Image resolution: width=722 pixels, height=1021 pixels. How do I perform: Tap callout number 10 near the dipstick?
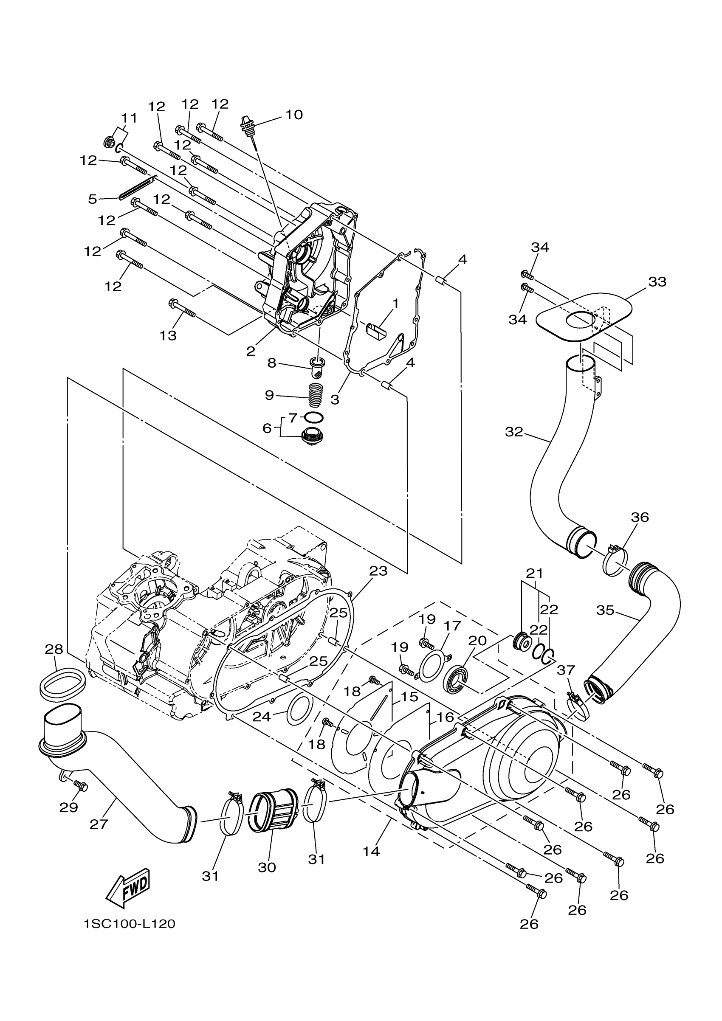point(293,115)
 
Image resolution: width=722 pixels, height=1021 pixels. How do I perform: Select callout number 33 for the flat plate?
point(657,281)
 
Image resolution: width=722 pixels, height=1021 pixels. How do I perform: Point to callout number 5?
point(93,199)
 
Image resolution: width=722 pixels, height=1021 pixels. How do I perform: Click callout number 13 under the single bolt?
point(168,335)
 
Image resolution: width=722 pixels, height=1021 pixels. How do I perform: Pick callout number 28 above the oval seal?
point(54,649)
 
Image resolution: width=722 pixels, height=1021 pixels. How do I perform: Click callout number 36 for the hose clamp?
point(640,517)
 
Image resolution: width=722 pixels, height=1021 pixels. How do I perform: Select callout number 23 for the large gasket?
point(378,571)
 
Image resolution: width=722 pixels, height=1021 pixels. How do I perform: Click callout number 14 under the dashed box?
point(371,852)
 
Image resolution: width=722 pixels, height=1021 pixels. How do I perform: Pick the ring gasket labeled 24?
point(301,711)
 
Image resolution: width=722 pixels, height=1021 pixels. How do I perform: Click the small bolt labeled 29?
point(81,785)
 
